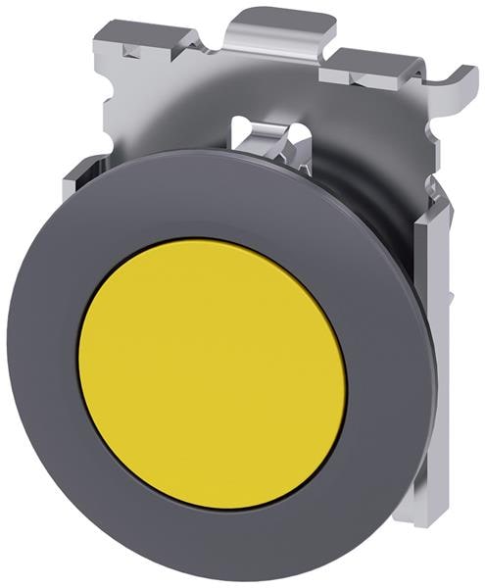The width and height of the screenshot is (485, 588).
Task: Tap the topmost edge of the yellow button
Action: tap(212, 240)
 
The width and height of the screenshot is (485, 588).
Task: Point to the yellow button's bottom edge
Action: tap(212, 509)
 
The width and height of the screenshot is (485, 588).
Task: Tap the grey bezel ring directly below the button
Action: tap(212, 544)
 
